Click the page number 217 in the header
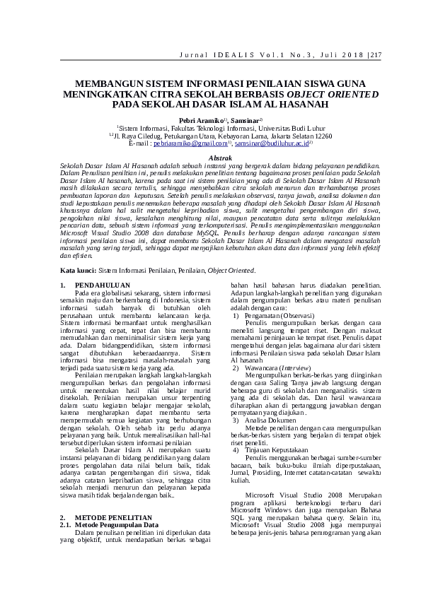[x=375, y=55]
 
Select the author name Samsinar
[x=243, y=121]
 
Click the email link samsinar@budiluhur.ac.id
[x=271, y=143]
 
